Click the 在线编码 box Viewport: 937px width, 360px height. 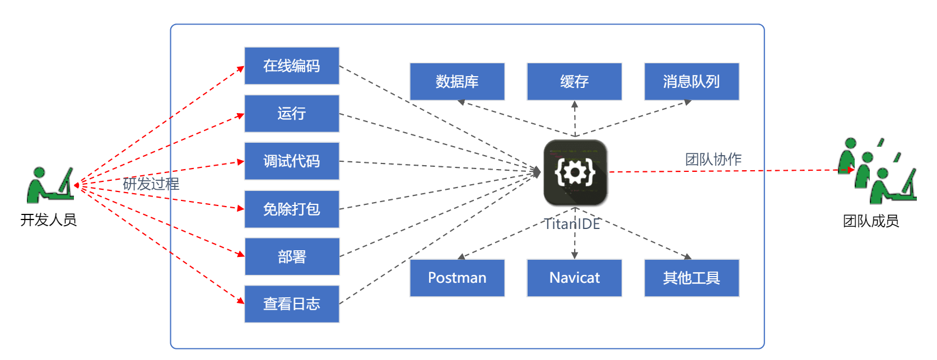[x=292, y=66]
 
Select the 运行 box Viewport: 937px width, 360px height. [x=292, y=114]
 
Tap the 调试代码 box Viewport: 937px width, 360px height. [x=292, y=161]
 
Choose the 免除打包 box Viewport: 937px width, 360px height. [x=292, y=209]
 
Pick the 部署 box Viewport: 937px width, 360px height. [x=292, y=256]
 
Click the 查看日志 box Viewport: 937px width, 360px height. [x=292, y=304]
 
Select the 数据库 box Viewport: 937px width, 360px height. [x=457, y=82]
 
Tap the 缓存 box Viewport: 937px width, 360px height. [x=574, y=82]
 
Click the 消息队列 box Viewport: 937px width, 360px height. [x=692, y=82]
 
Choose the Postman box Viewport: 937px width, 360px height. [x=457, y=278]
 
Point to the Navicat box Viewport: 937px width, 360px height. [x=574, y=278]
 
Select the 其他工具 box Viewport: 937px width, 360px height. [x=692, y=278]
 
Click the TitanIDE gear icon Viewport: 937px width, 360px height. [x=575, y=172]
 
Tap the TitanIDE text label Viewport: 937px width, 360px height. [x=572, y=224]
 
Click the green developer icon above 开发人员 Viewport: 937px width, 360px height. [x=49, y=185]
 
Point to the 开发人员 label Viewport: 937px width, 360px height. [x=48, y=220]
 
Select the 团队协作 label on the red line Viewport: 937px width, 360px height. [x=713, y=160]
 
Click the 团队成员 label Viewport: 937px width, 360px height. [x=871, y=221]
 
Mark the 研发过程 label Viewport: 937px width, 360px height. [x=151, y=184]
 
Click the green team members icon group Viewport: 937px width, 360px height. [x=877, y=171]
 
